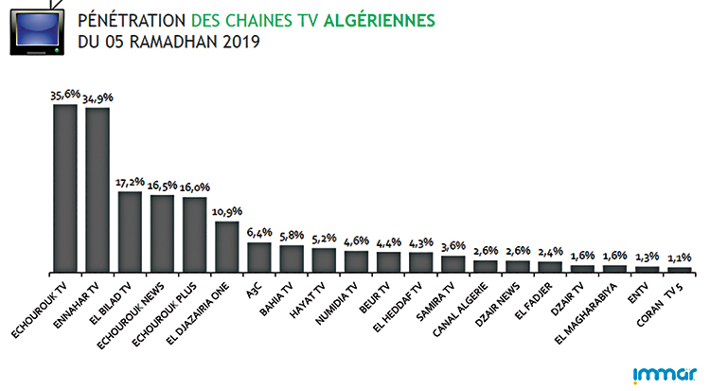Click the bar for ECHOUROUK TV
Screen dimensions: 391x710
(x=65, y=187)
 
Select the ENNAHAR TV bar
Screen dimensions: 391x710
(x=98, y=189)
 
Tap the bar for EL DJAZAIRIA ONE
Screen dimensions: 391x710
(x=227, y=246)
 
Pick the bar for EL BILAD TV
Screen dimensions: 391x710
(x=130, y=232)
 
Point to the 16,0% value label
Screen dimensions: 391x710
(x=195, y=188)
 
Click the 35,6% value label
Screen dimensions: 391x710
(x=65, y=96)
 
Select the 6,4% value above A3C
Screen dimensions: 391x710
(x=259, y=233)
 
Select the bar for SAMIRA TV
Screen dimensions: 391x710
(x=453, y=263)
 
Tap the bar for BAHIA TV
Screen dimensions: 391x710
(x=292, y=258)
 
